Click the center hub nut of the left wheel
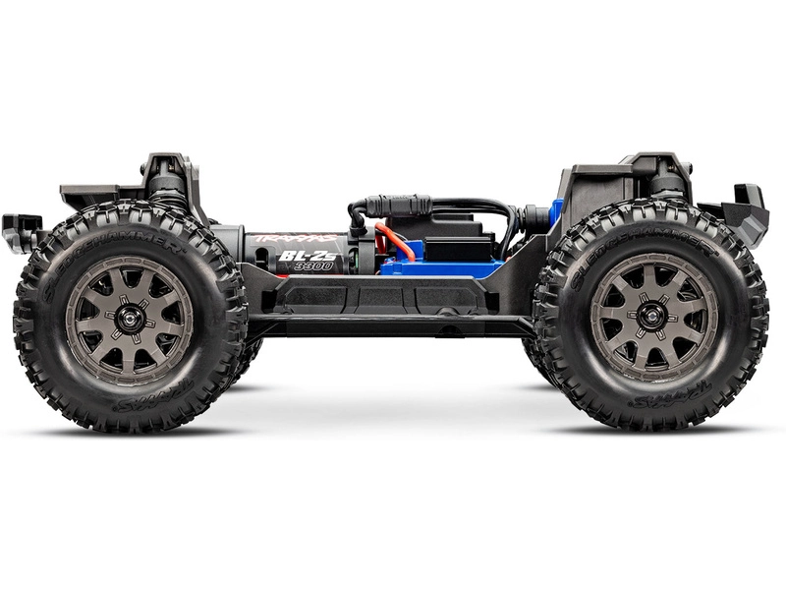129,317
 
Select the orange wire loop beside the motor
391,242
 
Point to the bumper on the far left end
22,232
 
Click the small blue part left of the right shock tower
557,211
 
